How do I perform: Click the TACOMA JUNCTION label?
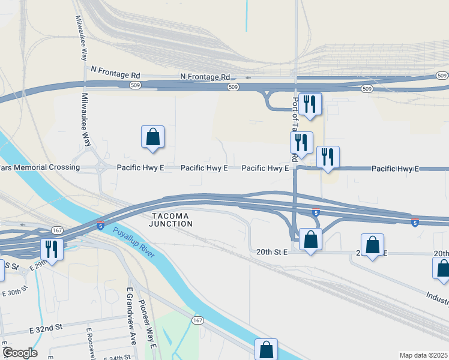point(172,220)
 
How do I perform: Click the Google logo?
point(19,353)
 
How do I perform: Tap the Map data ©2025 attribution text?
point(424,355)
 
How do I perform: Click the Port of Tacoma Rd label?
point(295,129)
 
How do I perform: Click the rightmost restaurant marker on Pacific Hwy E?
point(328,157)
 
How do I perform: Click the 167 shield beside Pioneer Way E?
point(198,320)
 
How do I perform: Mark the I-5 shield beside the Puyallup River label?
point(101,226)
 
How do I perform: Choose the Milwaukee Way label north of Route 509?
point(81,37)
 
